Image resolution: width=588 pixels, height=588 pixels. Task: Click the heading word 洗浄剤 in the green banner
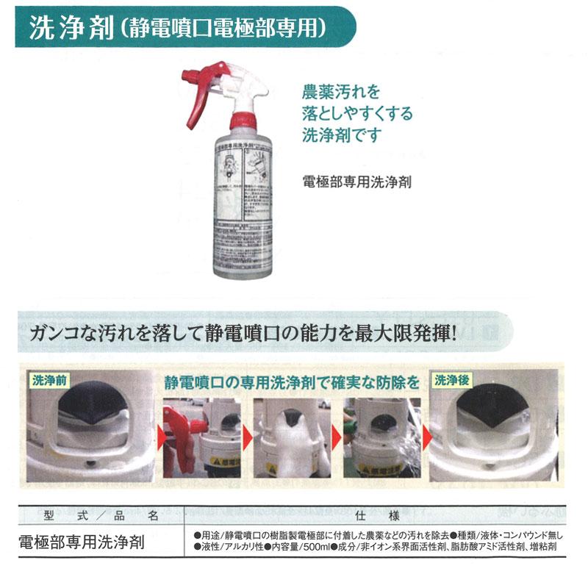pyautogui.click(x=70, y=27)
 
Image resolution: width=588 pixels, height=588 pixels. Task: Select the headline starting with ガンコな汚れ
pyautogui.click(x=243, y=333)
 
